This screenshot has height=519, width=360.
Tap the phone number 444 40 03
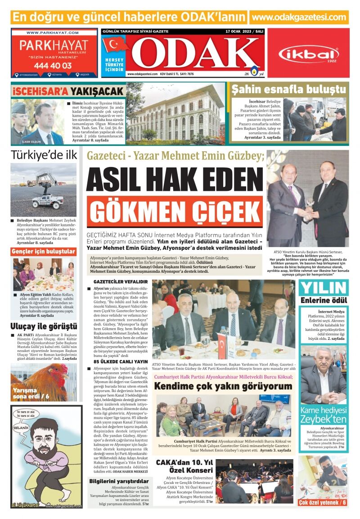pyautogui.click(x=52, y=65)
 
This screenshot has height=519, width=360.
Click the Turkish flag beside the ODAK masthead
pyautogui.click(x=116, y=45)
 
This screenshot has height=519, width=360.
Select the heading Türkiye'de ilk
pyautogui.click(x=44, y=155)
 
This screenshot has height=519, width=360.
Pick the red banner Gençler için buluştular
pyautogui.click(x=43, y=251)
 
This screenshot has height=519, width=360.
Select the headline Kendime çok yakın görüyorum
pyautogui.click(x=223, y=386)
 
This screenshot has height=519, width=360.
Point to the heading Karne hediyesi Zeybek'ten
pyautogui.click(x=323, y=415)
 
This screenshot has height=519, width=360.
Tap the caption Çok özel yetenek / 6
pyautogui.click(x=323, y=502)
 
